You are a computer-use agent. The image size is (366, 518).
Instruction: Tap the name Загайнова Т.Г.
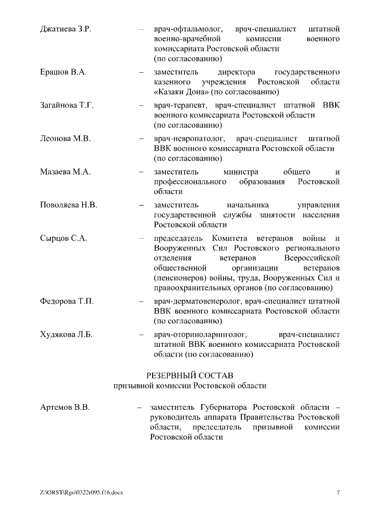click(66, 105)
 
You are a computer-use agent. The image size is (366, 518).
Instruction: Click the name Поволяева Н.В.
click(69, 205)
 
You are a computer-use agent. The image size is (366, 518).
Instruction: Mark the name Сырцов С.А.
click(63, 238)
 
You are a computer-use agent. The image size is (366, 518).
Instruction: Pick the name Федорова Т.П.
click(66, 300)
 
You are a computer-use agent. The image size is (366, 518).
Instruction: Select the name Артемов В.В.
click(65, 408)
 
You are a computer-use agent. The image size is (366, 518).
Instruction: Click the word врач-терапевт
click(181, 105)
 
